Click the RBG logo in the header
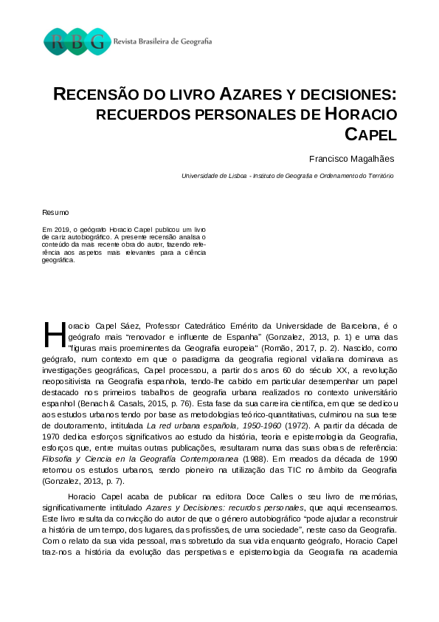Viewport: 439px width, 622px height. point(77,41)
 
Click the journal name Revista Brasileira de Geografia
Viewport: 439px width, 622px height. point(162,42)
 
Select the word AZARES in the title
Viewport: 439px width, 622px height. point(251,95)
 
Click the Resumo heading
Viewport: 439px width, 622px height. point(55,212)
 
